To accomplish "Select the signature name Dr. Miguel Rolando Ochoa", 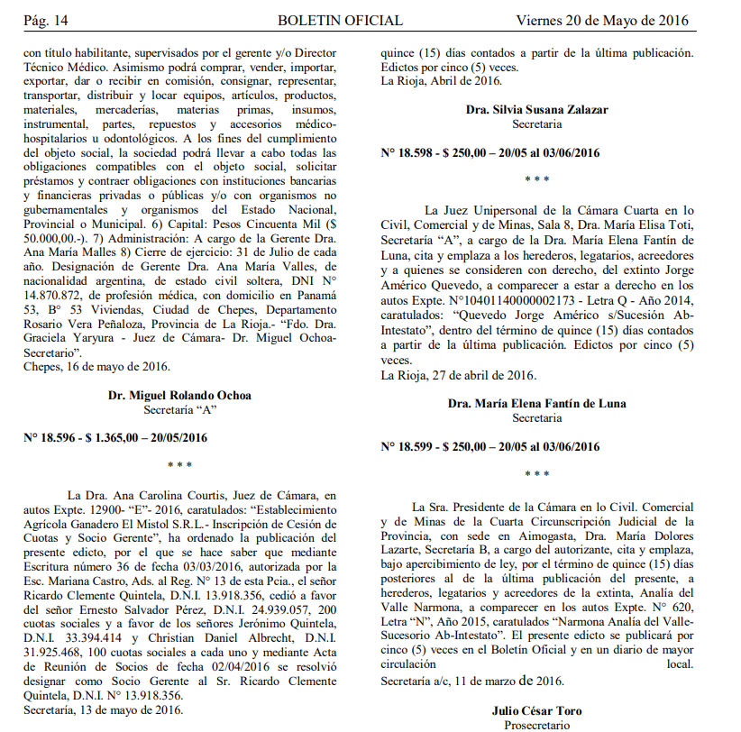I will [179, 396].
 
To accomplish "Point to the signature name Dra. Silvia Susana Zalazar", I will [536, 110].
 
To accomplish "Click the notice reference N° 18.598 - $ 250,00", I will [490, 152].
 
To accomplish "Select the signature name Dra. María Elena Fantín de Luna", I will [536, 404].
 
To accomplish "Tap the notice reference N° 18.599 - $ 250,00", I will [490, 445].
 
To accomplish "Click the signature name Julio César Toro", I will [536, 710].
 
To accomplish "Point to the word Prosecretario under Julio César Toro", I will [536, 725].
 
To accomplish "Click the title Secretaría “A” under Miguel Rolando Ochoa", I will [179, 410].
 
